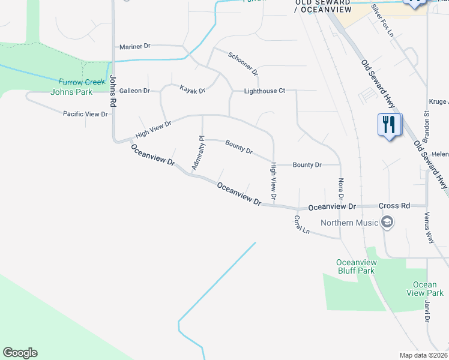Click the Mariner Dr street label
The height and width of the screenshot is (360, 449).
(x=134, y=46)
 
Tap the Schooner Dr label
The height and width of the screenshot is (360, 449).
(x=243, y=64)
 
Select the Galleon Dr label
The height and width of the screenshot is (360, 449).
(x=134, y=91)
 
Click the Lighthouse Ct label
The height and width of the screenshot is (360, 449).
(x=264, y=91)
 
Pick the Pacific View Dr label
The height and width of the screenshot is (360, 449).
(x=85, y=113)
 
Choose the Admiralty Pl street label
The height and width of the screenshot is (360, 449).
(x=198, y=152)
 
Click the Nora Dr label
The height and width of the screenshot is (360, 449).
(x=340, y=188)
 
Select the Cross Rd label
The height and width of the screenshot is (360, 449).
(x=394, y=206)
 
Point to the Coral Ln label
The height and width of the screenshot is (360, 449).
(x=301, y=226)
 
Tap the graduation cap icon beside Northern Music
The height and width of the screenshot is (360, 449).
(x=388, y=223)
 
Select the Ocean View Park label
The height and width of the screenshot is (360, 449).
(x=425, y=289)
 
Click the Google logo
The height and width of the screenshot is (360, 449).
(x=20, y=353)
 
